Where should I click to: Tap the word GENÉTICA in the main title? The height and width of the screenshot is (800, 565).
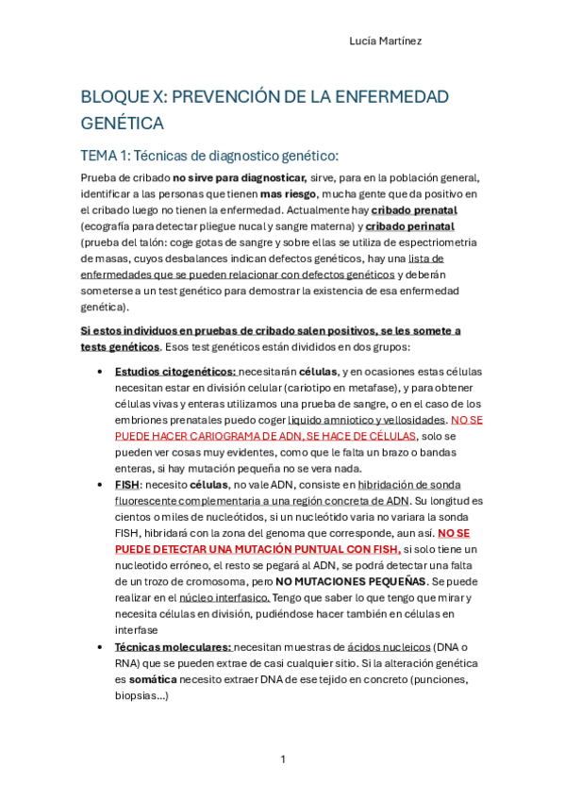click(123, 124)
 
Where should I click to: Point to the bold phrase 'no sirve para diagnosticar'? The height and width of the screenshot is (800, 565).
click(239, 177)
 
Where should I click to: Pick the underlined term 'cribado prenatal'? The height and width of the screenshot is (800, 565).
click(414, 209)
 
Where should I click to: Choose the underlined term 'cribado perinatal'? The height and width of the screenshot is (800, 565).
click(410, 226)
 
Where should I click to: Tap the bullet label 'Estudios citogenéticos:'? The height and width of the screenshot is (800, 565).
click(174, 372)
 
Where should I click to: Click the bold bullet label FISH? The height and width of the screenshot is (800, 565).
click(126, 484)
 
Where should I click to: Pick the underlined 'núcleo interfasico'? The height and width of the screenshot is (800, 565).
click(224, 597)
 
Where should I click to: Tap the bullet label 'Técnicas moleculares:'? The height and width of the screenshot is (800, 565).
click(173, 646)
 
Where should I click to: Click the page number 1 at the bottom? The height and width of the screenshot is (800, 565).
click(282, 759)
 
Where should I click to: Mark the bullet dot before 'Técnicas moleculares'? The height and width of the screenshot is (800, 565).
click(100, 647)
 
